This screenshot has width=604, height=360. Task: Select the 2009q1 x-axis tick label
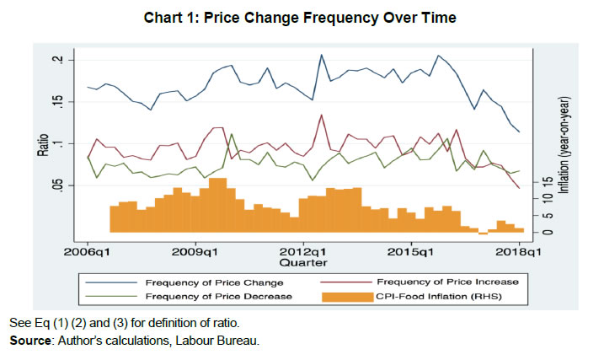(196, 250)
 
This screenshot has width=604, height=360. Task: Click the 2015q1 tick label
(411, 250)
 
